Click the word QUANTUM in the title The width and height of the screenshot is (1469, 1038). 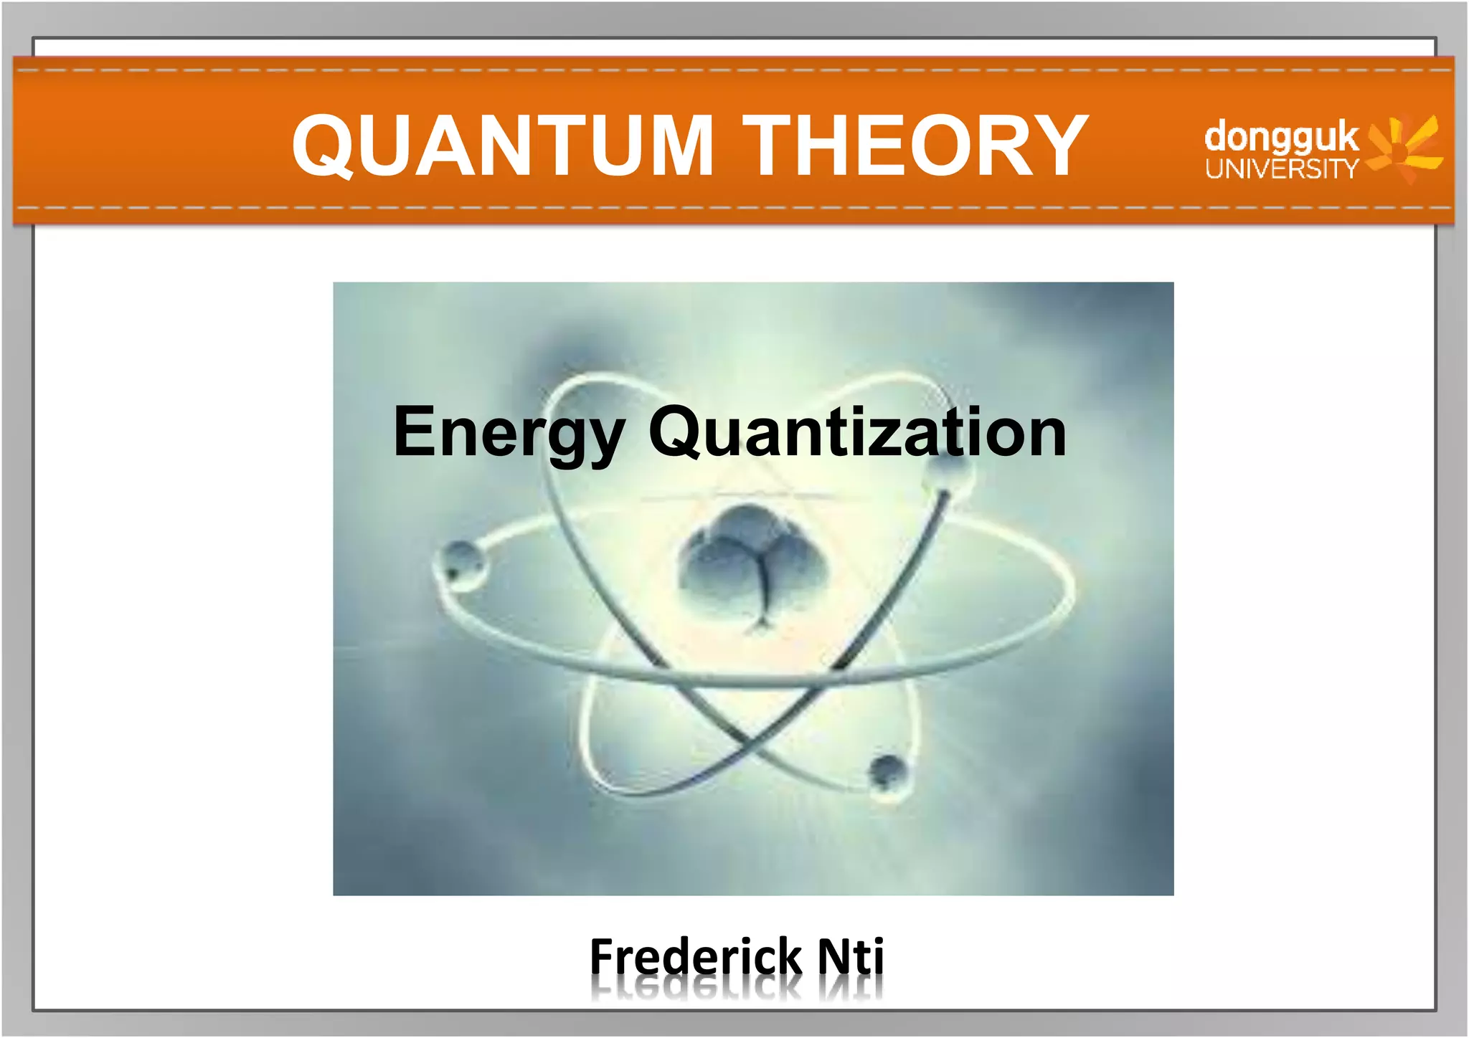coord(502,146)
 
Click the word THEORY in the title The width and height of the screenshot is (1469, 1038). coord(915,146)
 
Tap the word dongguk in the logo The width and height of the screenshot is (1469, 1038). coord(1281,138)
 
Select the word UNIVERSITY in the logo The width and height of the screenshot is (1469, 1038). coord(1281,169)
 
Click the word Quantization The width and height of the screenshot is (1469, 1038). coord(857,432)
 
